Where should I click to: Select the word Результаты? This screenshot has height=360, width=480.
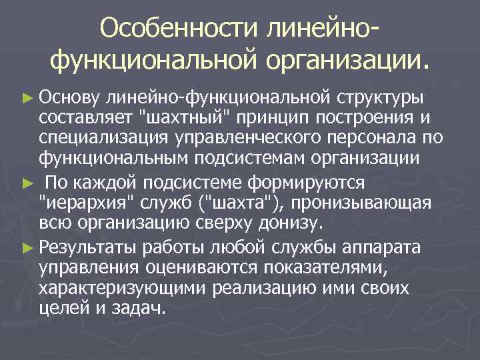pyautogui.click(x=85, y=248)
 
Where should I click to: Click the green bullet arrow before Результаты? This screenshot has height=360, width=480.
pyautogui.click(x=27, y=248)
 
